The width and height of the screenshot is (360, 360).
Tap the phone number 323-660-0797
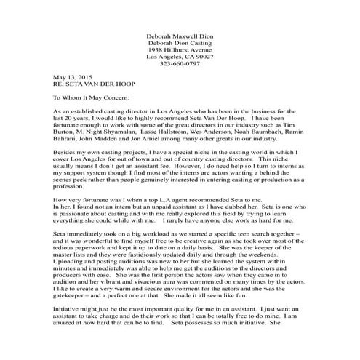(x=180, y=63)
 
